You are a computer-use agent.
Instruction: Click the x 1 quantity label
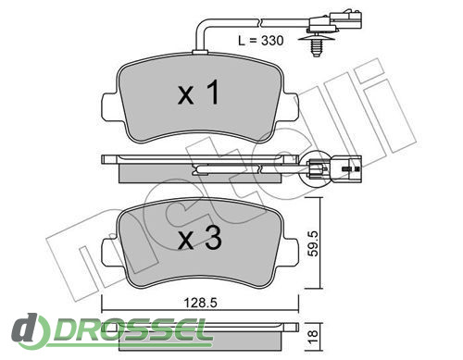click(199, 92)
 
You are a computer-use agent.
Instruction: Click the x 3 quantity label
click(200, 237)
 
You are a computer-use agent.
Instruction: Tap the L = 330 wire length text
click(261, 41)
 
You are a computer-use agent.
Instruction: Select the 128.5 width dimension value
click(200, 303)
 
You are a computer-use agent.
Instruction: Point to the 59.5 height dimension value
click(313, 243)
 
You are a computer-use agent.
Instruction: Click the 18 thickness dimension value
click(313, 334)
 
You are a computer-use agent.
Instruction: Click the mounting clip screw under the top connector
click(315, 44)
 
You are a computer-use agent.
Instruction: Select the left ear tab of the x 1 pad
click(109, 106)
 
